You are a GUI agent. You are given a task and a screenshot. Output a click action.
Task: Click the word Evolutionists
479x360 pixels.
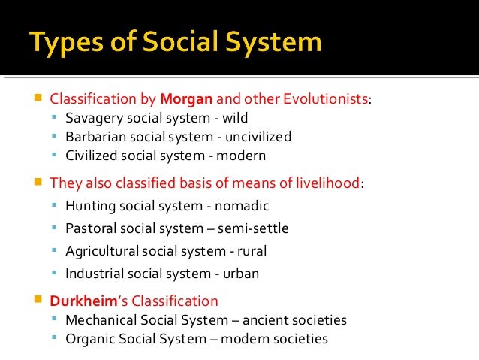pos(329,99)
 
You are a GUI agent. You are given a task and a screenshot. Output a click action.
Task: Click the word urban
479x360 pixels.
pos(242,274)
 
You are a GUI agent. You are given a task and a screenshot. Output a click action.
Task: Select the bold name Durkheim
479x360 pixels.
pos(80,301)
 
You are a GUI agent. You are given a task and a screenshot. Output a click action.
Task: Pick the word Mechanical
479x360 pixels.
pos(98,320)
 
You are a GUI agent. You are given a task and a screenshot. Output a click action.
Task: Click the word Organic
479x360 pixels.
pos(87,339)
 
